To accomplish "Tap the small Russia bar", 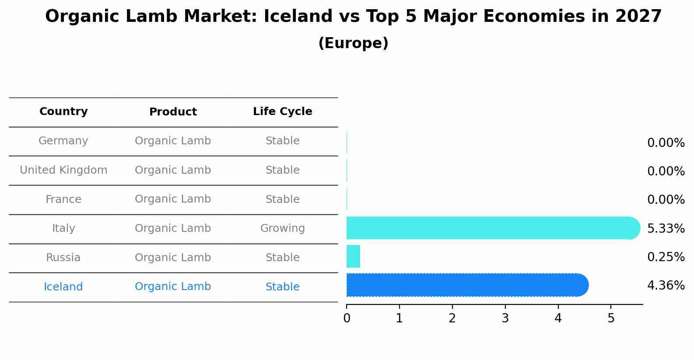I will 353,256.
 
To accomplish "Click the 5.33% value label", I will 666,228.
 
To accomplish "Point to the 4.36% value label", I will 666,286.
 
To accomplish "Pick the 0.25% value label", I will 666,257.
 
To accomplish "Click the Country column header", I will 63,112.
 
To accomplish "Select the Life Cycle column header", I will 282,112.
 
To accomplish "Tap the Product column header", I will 173,112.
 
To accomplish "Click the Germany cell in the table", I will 63,141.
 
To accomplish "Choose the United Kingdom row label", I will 63,170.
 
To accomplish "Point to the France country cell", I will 63,199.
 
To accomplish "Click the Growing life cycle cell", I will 282,228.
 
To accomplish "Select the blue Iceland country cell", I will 63,287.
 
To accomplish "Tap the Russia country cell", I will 63,258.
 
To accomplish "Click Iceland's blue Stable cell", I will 282,287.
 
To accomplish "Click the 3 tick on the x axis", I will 505,318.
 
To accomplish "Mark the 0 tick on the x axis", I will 347,318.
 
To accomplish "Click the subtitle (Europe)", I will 353,43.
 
